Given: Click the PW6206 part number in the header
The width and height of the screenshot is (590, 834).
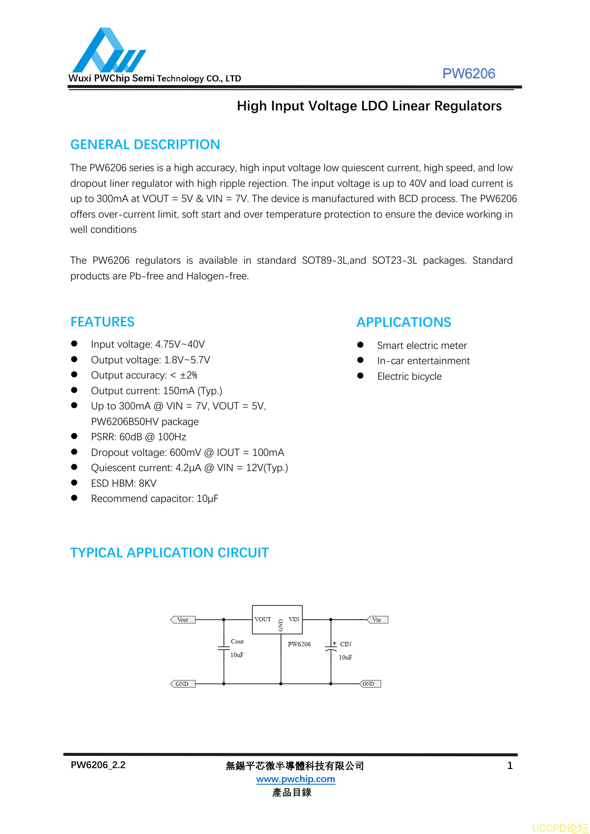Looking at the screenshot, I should [x=468, y=73].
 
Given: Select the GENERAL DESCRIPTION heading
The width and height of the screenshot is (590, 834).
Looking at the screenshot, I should [x=145, y=144].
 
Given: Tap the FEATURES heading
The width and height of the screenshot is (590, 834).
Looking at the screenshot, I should [x=103, y=322].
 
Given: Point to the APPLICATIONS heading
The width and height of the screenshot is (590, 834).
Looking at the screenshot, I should [x=403, y=322].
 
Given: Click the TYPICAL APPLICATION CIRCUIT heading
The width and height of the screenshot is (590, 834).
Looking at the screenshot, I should [x=169, y=553].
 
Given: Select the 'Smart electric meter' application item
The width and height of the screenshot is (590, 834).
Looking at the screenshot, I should [x=422, y=346].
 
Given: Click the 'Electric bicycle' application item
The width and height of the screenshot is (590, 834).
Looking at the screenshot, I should [x=409, y=376].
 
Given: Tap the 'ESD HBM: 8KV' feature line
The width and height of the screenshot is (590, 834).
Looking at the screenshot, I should [x=124, y=483].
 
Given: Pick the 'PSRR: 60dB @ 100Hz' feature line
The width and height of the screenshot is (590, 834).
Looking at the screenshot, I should [x=138, y=437].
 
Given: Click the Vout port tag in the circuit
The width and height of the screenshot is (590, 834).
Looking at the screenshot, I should [x=183, y=620].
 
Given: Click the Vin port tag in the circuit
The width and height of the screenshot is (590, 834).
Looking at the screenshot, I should [x=377, y=620].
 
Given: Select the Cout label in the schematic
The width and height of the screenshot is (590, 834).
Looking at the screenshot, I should [x=237, y=641].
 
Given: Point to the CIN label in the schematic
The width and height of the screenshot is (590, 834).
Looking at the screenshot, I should [x=345, y=644].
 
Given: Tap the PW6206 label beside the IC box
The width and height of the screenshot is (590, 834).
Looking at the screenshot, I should [x=299, y=644].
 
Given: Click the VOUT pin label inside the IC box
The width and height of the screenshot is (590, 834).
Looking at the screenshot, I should [x=263, y=619].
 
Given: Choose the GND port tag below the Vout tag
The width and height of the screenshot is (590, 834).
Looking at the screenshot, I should [x=182, y=684].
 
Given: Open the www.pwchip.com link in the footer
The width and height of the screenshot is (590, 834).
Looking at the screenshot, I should [x=296, y=779].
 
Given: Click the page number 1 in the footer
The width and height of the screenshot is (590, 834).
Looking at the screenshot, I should [x=510, y=766].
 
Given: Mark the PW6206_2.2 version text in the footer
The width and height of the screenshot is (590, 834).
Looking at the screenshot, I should [x=98, y=765].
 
